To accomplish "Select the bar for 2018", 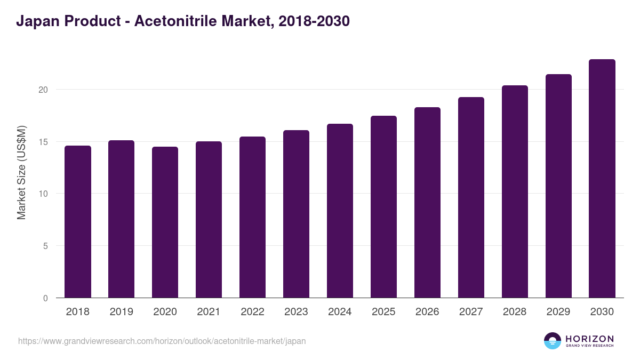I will pos(78,222).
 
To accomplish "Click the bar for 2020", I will pos(165,222).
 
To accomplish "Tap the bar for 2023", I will pos(296,214).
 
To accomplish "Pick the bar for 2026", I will pos(427,203).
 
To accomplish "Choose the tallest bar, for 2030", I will pos(602,179).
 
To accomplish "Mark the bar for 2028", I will pos(515,191).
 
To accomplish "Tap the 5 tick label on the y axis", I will pos(45,246).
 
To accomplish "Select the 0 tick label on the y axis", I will pos(45,299).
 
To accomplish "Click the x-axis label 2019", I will pos(122,312).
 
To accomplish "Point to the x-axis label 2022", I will pos(252,312).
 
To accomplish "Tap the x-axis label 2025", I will pos(383,312).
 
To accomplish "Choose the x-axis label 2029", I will pos(558,312).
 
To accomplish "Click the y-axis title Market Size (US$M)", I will pos(21,172).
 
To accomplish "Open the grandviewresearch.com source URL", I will pos(162,341).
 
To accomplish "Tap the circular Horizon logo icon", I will pos(553,341).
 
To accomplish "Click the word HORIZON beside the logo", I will pos(589,338).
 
